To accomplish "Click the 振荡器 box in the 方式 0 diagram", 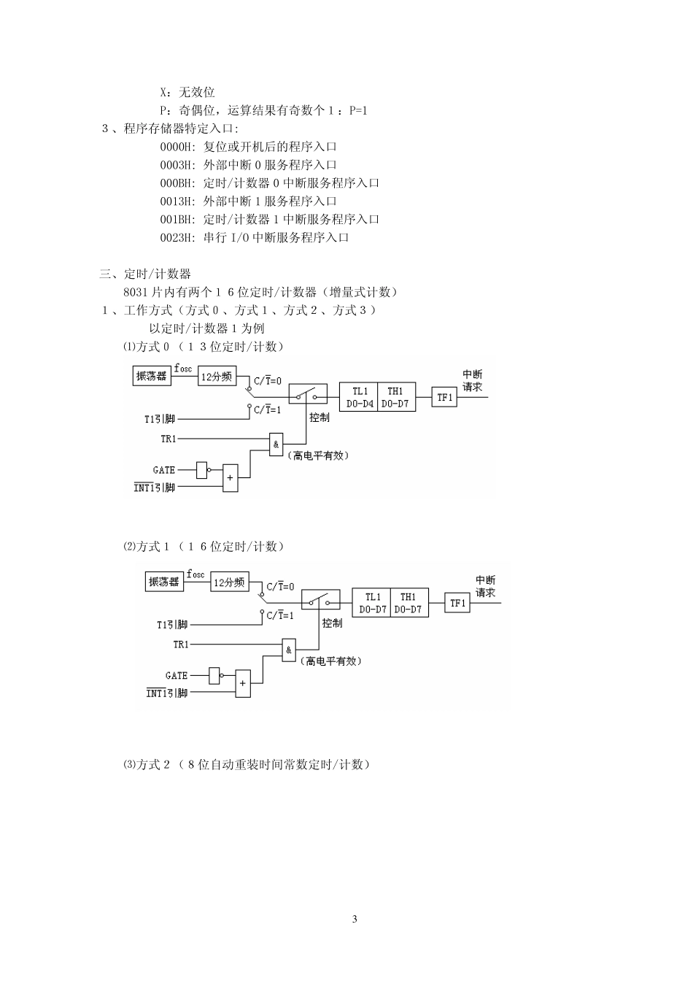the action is (152, 376).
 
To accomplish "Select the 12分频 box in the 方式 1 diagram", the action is (230, 582).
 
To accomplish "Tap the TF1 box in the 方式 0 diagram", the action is (444, 397).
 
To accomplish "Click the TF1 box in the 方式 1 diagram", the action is (457, 603).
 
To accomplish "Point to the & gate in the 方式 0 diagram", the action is (276, 445).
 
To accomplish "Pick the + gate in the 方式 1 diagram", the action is (243, 684).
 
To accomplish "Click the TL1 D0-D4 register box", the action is (359, 397).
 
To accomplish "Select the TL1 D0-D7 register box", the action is (372, 603).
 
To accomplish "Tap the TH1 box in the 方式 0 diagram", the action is (396, 397).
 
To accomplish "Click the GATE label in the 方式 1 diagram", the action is (177, 676).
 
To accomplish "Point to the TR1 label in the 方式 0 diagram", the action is (168, 439).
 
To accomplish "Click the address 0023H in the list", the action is (177, 237).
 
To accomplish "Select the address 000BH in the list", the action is (177, 183).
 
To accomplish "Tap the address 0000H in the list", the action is (177, 147).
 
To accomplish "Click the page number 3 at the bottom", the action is (355, 919).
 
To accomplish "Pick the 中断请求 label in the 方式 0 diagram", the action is (473, 381).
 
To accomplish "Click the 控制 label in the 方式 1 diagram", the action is (332, 623).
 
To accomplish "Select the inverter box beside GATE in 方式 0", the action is (202, 469).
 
